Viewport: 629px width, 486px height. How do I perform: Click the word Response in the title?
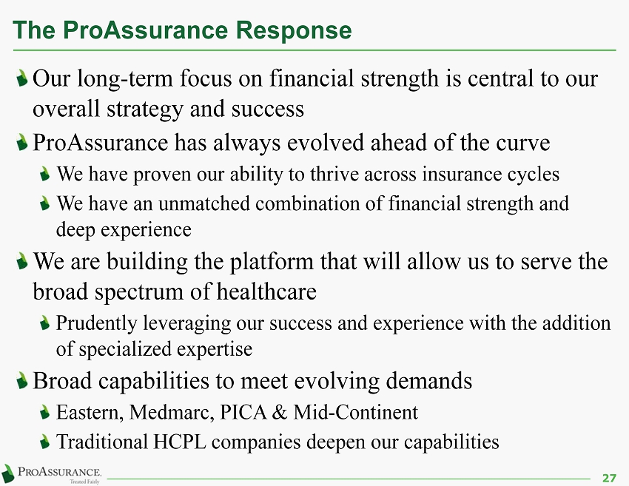coord(294,31)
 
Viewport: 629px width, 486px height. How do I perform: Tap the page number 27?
coord(609,478)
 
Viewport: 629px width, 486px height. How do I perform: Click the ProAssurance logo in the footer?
coord(51,474)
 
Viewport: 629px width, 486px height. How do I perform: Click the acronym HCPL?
coord(180,442)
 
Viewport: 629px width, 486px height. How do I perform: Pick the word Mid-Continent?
coord(355,412)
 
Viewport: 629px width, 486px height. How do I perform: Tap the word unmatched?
coord(204,203)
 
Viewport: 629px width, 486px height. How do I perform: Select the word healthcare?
coord(266,291)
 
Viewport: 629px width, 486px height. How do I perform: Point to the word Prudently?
coord(97,324)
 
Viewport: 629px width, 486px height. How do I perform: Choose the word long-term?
coord(125,79)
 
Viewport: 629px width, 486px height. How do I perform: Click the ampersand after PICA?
coord(279,413)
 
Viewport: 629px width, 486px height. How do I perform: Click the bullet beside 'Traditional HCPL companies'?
coord(45,442)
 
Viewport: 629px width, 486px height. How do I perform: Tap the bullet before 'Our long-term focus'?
coord(22,78)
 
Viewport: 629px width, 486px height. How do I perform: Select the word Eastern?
coord(90,413)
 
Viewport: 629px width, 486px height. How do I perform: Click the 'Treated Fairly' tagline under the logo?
coord(84,482)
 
